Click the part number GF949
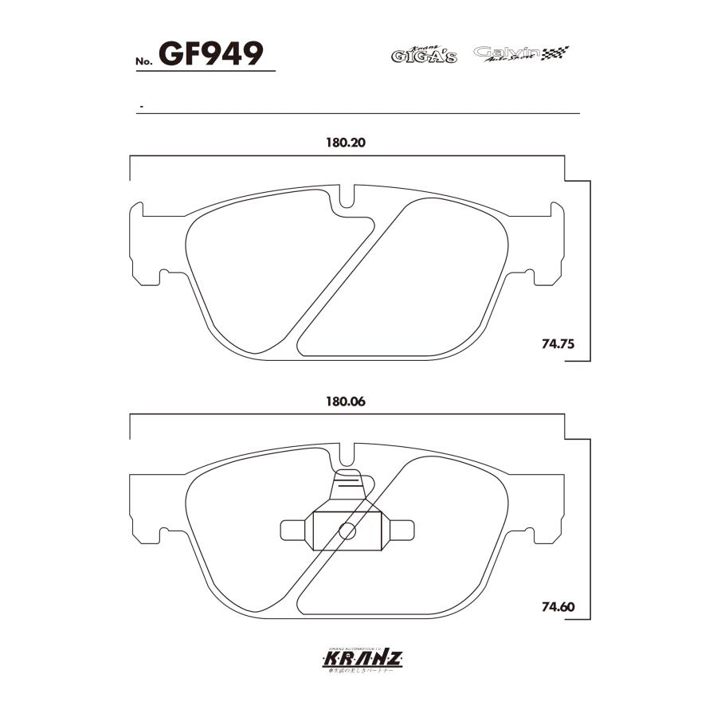click(211, 54)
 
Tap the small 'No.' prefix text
click(143, 61)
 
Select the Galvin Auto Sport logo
click(507, 53)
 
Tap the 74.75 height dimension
click(558, 345)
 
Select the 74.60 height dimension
click(558, 607)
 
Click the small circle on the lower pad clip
click(347, 531)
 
